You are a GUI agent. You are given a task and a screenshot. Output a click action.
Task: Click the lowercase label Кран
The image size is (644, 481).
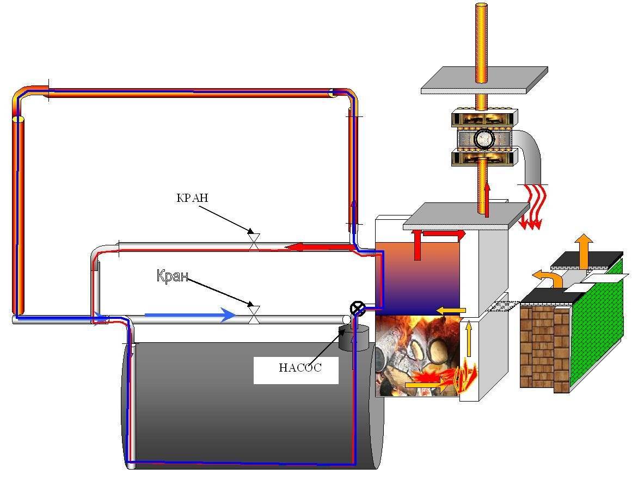coord(173,276)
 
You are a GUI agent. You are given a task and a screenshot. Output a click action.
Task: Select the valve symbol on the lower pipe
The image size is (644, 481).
coord(254,314)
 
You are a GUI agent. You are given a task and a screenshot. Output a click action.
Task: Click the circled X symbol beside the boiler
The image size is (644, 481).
coord(358,309)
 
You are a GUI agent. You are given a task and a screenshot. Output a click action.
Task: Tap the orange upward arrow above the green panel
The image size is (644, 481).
coord(585,251)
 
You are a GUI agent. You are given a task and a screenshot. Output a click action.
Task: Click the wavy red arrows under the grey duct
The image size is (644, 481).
coord(531,207)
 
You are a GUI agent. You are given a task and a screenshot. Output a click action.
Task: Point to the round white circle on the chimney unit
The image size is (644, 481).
coord(483,139)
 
